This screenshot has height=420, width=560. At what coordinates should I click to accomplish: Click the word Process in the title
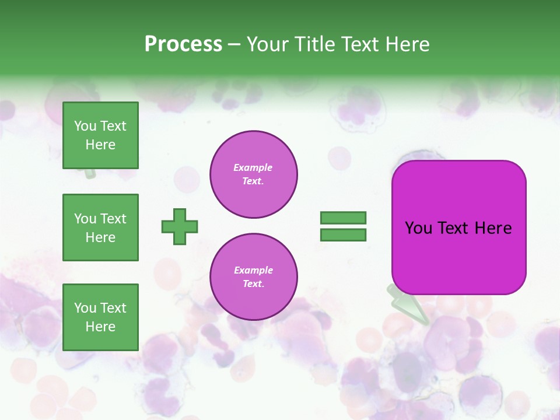(x=183, y=44)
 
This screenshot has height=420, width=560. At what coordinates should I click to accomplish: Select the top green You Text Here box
(x=100, y=135)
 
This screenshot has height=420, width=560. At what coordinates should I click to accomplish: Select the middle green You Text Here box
(x=100, y=228)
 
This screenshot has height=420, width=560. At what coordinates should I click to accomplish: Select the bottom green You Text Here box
(x=100, y=317)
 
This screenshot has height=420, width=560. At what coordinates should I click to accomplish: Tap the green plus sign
(x=180, y=226)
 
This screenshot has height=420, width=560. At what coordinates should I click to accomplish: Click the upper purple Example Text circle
(x=254, y=174)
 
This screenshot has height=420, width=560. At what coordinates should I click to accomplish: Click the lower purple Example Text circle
(x=254, y=277)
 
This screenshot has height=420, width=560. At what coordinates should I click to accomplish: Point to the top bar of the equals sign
(x=343, y=218)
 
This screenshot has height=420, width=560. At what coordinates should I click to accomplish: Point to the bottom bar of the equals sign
(x=343, y=235)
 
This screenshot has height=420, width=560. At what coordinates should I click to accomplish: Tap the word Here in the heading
(x=408, y=44)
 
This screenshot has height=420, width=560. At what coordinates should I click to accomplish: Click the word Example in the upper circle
(x=253, y=167)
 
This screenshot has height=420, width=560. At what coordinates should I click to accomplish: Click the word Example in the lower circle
(x=253, y=270)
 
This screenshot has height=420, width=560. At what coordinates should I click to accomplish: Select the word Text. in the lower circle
(x=253, y=284)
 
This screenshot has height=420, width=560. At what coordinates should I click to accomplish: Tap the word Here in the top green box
(x=100, y=145)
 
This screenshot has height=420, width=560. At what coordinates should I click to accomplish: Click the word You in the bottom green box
(x=84, y=308)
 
